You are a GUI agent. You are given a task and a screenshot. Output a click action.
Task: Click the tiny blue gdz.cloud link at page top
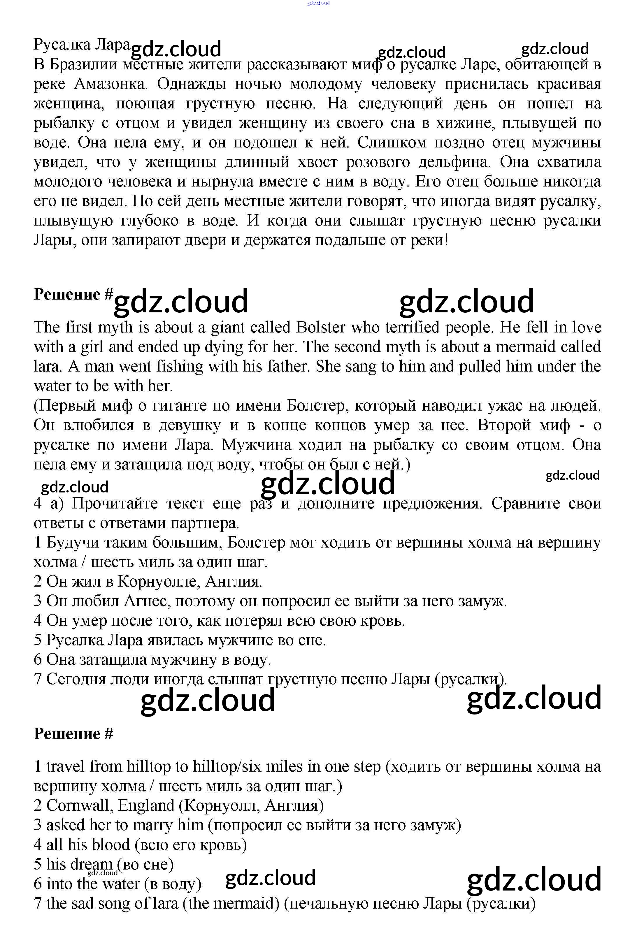318,3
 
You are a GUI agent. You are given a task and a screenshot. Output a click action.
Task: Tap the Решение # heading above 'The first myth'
73,294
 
